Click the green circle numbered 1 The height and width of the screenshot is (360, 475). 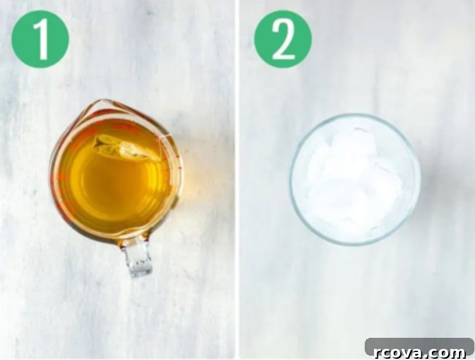[x=40, y=39]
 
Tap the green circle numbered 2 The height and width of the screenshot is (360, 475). [x=283, y=39]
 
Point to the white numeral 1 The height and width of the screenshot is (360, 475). [x=41, y=39]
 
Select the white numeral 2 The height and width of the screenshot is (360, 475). [x=283, y=39]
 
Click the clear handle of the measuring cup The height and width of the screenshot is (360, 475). [x=138, y=258]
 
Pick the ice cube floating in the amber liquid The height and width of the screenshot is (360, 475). [x=125, y=147]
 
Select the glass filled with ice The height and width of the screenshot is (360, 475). [x=355, y=179]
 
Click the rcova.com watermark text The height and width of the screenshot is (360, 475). [x=420, y=353]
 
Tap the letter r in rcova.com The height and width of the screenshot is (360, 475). [x=378, y=354]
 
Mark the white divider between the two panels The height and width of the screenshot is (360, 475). [x=237, y=180]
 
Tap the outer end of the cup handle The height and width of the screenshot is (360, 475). [x=140, y=275]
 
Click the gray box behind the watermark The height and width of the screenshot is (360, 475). [x=420, y=347]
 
